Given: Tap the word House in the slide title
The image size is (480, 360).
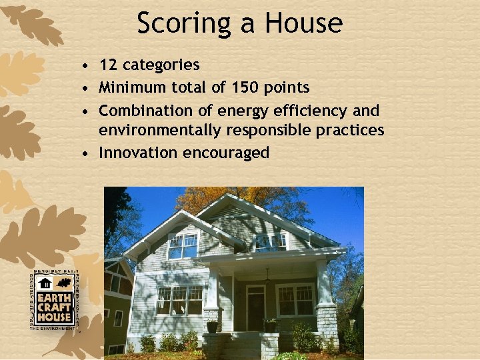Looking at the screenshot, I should (303, 23).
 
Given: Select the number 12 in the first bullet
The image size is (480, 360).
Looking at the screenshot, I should (107, 65).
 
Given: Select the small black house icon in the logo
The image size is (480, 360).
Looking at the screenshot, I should (45, 283).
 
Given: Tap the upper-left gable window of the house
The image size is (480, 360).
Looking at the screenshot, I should (183, 246).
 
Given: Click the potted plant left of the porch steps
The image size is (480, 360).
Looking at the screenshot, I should (213, 326).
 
